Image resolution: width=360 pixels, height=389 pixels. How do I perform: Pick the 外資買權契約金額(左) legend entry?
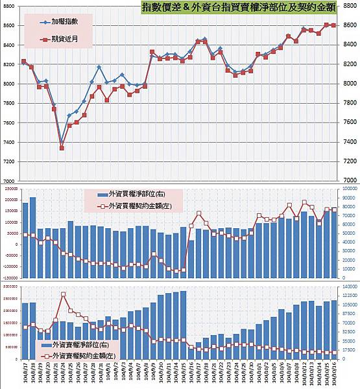pos(136,206)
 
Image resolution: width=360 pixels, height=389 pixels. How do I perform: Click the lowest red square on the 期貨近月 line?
pos(62,148)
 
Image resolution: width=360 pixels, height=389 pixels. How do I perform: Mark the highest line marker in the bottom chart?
pos(63,294)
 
